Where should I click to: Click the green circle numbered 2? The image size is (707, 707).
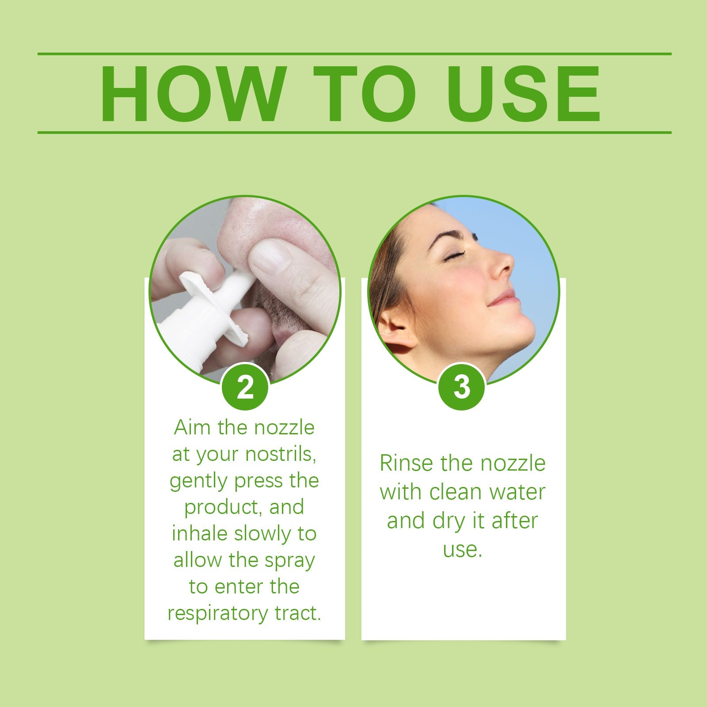245,387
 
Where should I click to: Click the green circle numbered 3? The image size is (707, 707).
461,387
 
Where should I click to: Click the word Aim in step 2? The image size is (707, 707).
190,428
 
